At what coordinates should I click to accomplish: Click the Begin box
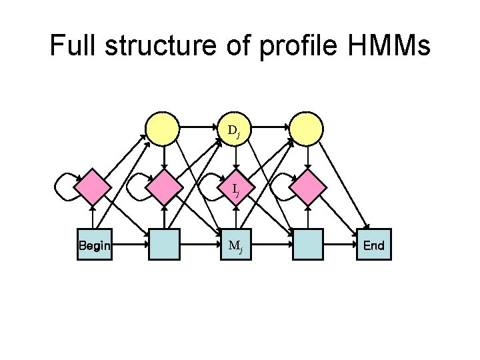pyautogui.click(x=94, y=245)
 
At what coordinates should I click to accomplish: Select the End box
pyautogui.click(x=374, y=245)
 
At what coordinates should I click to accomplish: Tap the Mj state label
pyautogui.click(x=235, y=245)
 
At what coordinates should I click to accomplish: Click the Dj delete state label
pyautogui.click(x=234, y=130)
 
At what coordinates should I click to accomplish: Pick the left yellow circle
pyautogui.click(x=163, y=128)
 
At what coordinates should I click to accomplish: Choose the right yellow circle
pyautogui.click(x=307, y=128)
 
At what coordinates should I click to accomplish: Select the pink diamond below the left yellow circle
pyautogui.click(x=164, y=187)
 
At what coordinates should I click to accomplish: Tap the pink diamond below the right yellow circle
pyautogui.click(x=307, y=187)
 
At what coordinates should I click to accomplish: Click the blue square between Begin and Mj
pyautogui.click(x=164, y=245)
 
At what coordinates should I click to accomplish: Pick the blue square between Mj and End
pyautogui.click(x=307, y=245)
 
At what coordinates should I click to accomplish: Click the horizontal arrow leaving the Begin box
pyautogui.click(x=129, y=245)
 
